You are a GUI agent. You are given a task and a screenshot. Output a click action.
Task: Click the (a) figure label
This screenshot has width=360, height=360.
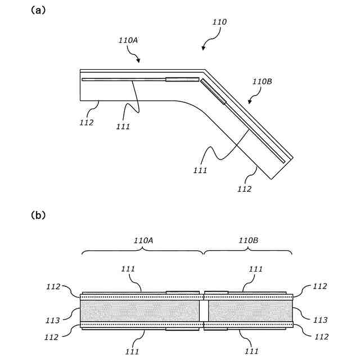[x=38, y=10]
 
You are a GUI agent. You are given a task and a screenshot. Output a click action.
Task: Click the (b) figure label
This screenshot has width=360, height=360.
[x=38, y=215]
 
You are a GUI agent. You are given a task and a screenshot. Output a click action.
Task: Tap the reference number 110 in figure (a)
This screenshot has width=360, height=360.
[x=219, y=22]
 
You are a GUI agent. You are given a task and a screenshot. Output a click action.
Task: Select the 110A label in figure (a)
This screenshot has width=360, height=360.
[x=128, y=40]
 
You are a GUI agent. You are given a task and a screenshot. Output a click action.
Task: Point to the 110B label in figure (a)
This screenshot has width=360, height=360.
[x=262, y=82]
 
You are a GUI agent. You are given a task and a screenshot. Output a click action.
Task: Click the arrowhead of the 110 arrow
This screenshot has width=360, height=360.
[x=204, y=49]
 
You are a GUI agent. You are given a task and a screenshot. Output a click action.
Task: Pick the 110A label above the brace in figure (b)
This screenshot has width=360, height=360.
[x=143, y=240]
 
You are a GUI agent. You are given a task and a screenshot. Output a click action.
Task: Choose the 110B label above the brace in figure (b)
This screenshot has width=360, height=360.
[x=248, y=240]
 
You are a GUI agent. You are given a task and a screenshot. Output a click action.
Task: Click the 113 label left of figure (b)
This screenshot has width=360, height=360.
[x=53, y=320]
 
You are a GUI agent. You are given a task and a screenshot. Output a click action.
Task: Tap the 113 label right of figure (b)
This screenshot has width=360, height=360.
[x=319, y=320]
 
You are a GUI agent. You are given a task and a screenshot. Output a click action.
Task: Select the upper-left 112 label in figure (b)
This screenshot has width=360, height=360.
[x=53, y=286]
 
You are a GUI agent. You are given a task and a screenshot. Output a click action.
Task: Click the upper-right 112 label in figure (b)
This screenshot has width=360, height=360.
[x=319, y=286]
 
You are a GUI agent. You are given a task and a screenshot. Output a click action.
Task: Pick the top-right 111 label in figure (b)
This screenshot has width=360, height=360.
[x=255, y=269]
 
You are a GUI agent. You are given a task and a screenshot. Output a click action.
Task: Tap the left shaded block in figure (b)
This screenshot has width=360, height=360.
[x=141, y=310]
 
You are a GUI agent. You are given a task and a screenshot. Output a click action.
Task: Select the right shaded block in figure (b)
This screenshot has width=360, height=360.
[x=250, y=310]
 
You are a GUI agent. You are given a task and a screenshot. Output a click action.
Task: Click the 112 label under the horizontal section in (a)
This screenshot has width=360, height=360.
[x=87, y=122]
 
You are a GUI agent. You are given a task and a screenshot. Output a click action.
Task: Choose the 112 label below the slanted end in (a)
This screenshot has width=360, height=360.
[x=244, y=189]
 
